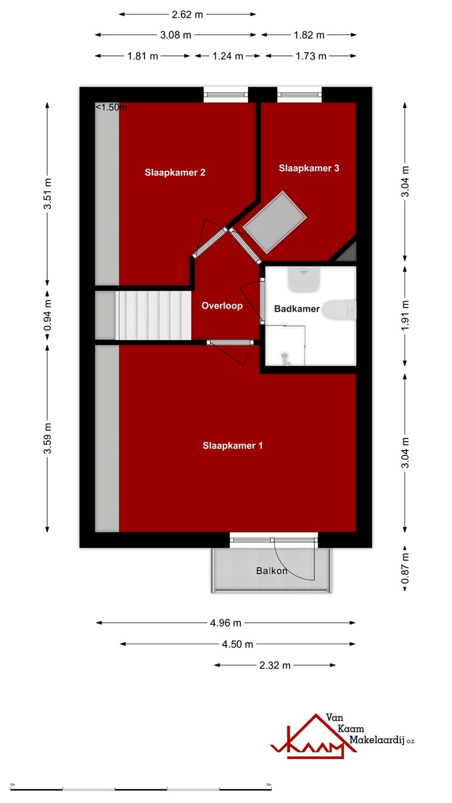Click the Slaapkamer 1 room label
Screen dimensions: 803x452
tap(232, 445)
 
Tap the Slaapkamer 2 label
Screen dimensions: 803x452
tap(175, 173)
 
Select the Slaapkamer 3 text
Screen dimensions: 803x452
tap(309, 168)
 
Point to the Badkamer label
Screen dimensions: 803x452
tap(297, 309)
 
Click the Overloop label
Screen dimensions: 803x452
tap(222, 306)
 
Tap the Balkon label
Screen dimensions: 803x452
tap(272, 571)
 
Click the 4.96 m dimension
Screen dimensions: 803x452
tap(225, 623)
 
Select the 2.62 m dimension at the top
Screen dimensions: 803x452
tap(188, 14)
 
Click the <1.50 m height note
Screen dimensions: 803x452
tap(110, 107)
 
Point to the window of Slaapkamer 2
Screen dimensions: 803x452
tap(226, 95)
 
